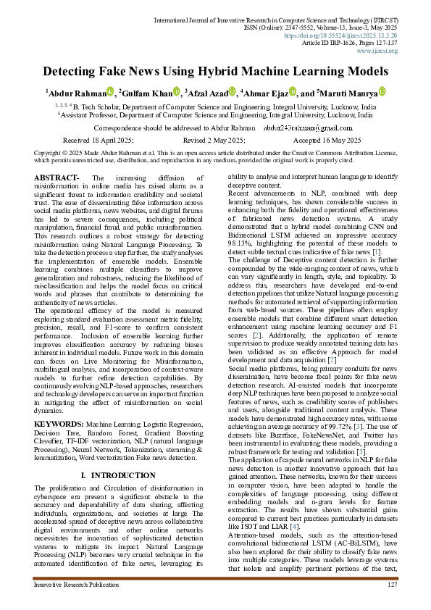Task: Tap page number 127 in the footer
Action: coord(392,585)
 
